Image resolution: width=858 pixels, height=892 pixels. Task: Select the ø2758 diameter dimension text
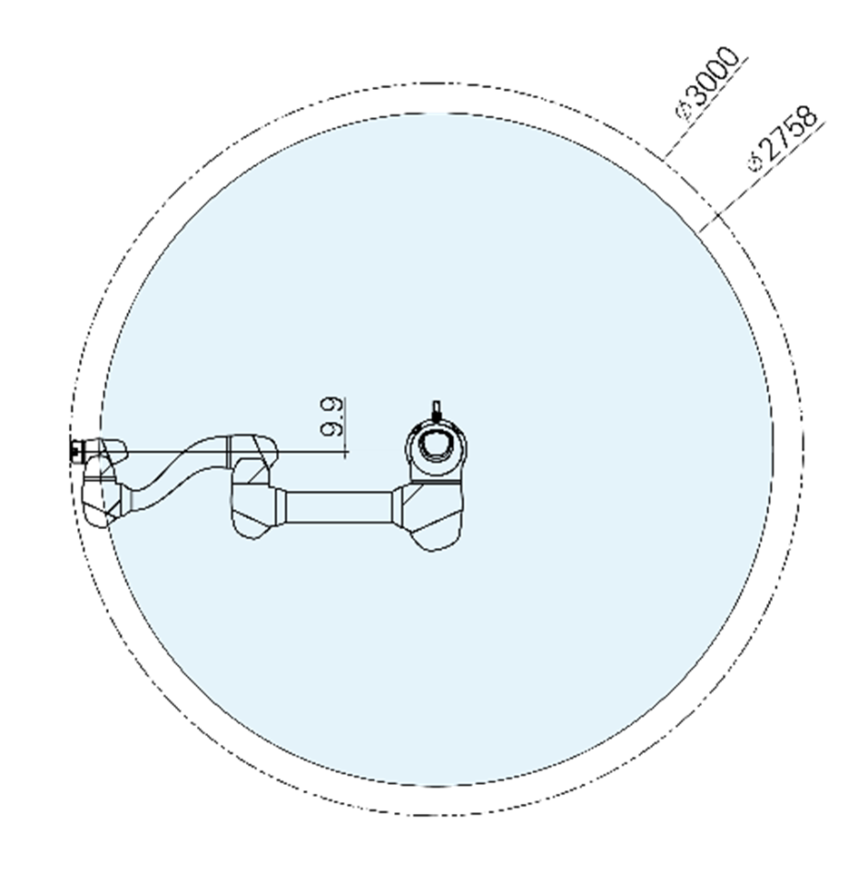pyautogui.click(x=783, y=139)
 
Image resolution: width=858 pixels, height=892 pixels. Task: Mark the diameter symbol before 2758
pyautogui.click(x=754, y=163)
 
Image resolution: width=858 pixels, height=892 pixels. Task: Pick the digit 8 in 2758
pyautogui.click(x=807, y=117)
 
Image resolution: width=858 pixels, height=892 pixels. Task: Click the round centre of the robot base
pyautogui.click(x=436, y=445)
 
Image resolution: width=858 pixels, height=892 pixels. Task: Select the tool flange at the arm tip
pyautogui.click(x=75, y=449)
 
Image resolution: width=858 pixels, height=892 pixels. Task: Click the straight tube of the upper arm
pyautogui.click(x=339, y=506)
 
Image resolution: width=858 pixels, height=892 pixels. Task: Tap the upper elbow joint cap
pyautogui.click(x=255, y=449)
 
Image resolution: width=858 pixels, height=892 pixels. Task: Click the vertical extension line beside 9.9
pyautogui.click(x=346, y=426)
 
